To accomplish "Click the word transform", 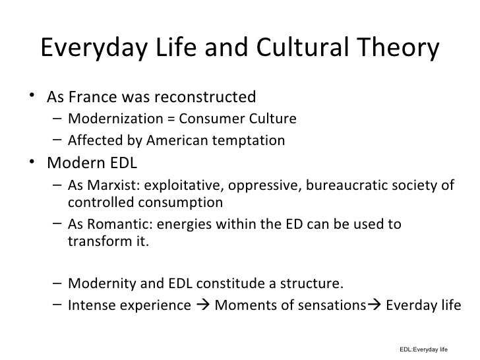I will [x=96, y=239].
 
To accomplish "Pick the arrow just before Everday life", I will [x=376, y=306].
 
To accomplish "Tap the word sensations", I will [x=337, y=305].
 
